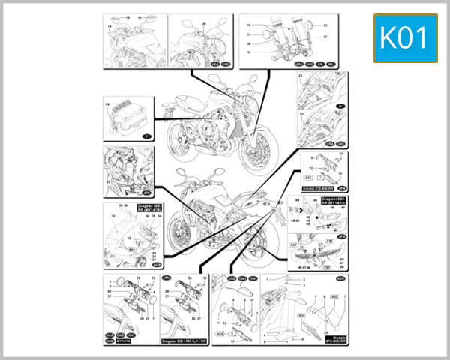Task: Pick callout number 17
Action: (x=325, y=36)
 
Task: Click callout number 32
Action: (x=113, y=216)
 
